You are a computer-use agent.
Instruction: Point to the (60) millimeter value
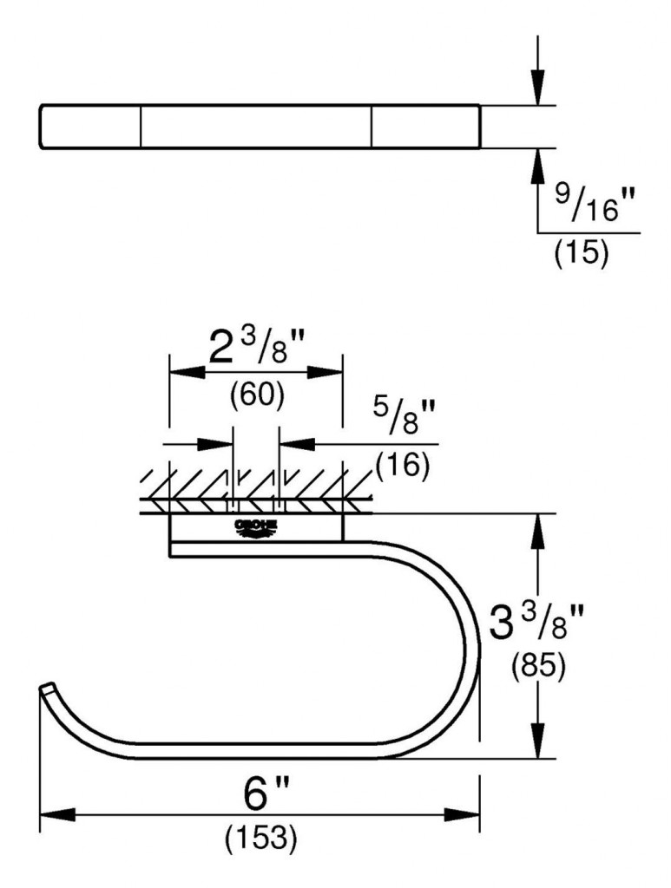pos(257,395)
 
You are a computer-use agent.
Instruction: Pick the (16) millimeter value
pos(403,467)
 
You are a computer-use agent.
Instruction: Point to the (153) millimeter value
pos(261,838)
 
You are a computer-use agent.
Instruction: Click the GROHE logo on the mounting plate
pos(255,528)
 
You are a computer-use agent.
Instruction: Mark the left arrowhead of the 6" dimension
pos(56,815)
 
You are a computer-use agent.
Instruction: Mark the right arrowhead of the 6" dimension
pos(464,815)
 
